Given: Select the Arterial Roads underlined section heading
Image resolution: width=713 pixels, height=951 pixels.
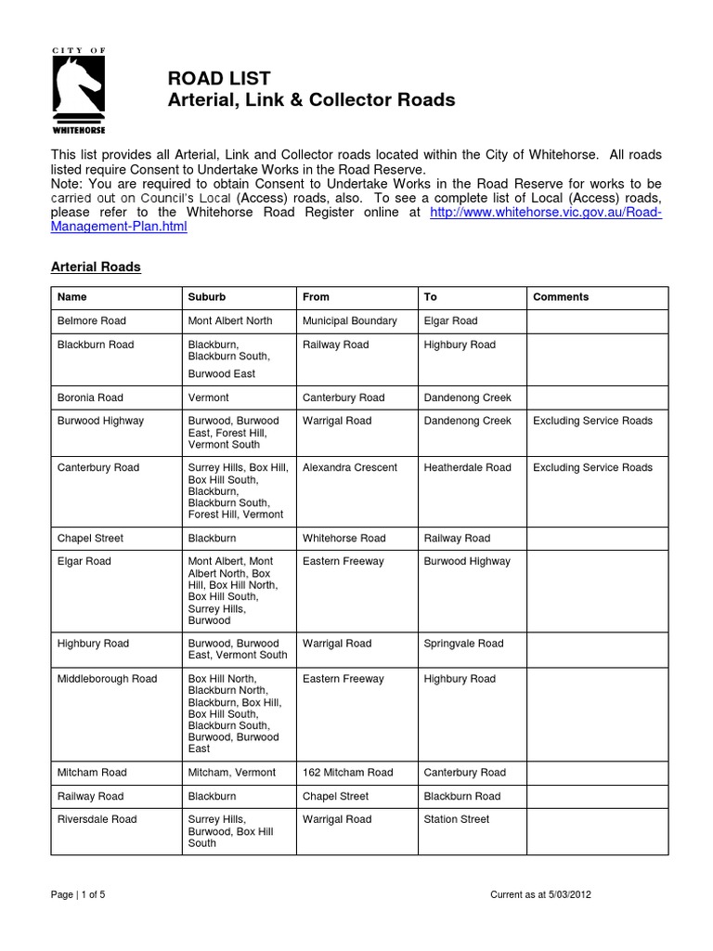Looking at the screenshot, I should click(95, 267).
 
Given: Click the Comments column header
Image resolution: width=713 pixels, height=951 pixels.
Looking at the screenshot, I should click(561, 297).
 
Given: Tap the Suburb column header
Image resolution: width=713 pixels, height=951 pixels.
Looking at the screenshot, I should click(206, 297).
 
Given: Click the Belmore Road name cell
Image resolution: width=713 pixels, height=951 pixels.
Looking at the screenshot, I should click(91, 320).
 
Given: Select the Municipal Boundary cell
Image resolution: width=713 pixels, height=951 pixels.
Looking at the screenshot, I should click(349, 320).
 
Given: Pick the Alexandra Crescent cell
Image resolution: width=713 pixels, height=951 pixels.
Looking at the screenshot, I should click(351, 467).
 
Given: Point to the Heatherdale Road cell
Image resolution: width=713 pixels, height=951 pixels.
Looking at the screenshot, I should click(467, 467).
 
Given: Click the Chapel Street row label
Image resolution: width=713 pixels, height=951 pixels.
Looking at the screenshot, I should click(90, 538).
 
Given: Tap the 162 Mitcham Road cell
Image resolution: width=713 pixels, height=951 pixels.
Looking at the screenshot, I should click(347, 772).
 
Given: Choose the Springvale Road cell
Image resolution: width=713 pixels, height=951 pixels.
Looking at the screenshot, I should click(463, 643).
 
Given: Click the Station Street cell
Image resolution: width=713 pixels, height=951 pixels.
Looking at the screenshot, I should click(456, 819).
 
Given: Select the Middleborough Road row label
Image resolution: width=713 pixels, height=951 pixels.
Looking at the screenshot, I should click(107, 679).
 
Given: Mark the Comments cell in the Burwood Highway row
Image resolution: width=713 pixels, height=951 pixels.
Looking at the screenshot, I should click(592, 421).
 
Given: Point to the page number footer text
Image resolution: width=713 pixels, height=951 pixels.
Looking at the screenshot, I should click(84, 894).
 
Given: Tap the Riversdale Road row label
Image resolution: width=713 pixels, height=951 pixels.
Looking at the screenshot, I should click(97, 819).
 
